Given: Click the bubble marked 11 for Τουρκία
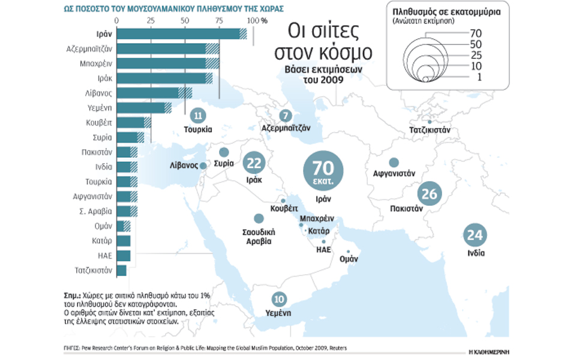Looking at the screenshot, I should tap(198, 116).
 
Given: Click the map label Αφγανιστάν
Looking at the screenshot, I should tap(394, 174).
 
